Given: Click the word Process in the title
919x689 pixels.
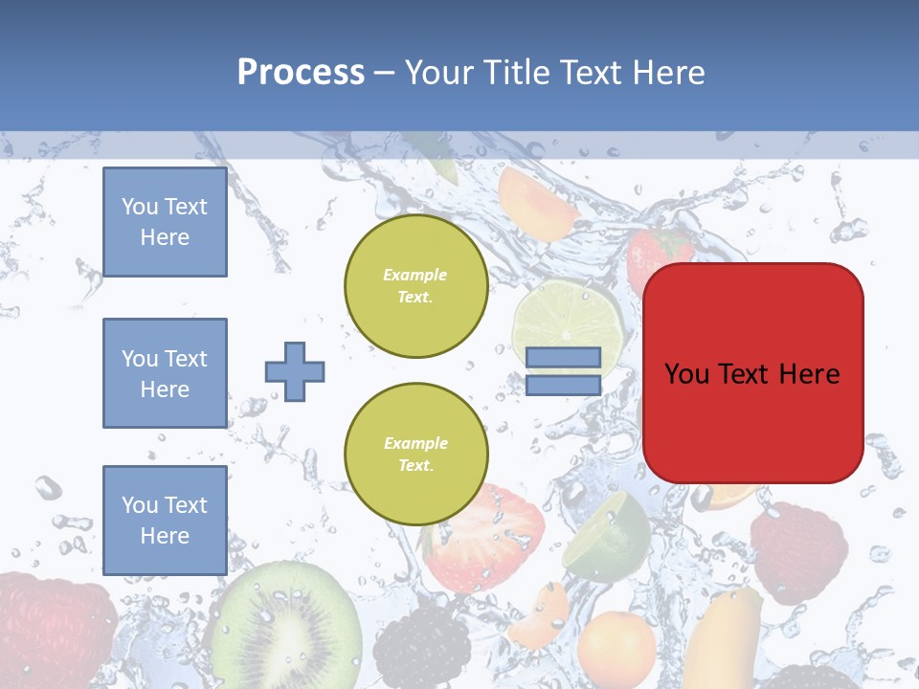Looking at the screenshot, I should click(301, 73).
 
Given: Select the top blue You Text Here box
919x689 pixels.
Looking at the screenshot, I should click(165, 222).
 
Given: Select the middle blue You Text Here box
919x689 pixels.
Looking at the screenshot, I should click(165, 373).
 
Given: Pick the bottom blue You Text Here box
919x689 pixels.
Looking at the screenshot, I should click(165, 520).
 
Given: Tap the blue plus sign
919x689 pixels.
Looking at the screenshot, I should click(295, 371).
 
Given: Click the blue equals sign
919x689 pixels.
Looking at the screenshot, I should click(563, 371).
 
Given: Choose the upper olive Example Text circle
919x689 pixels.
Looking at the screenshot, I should click(415, 286).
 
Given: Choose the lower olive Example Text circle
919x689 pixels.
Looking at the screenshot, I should click(415, 455).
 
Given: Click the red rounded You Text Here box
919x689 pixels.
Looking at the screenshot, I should click(752, 373).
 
